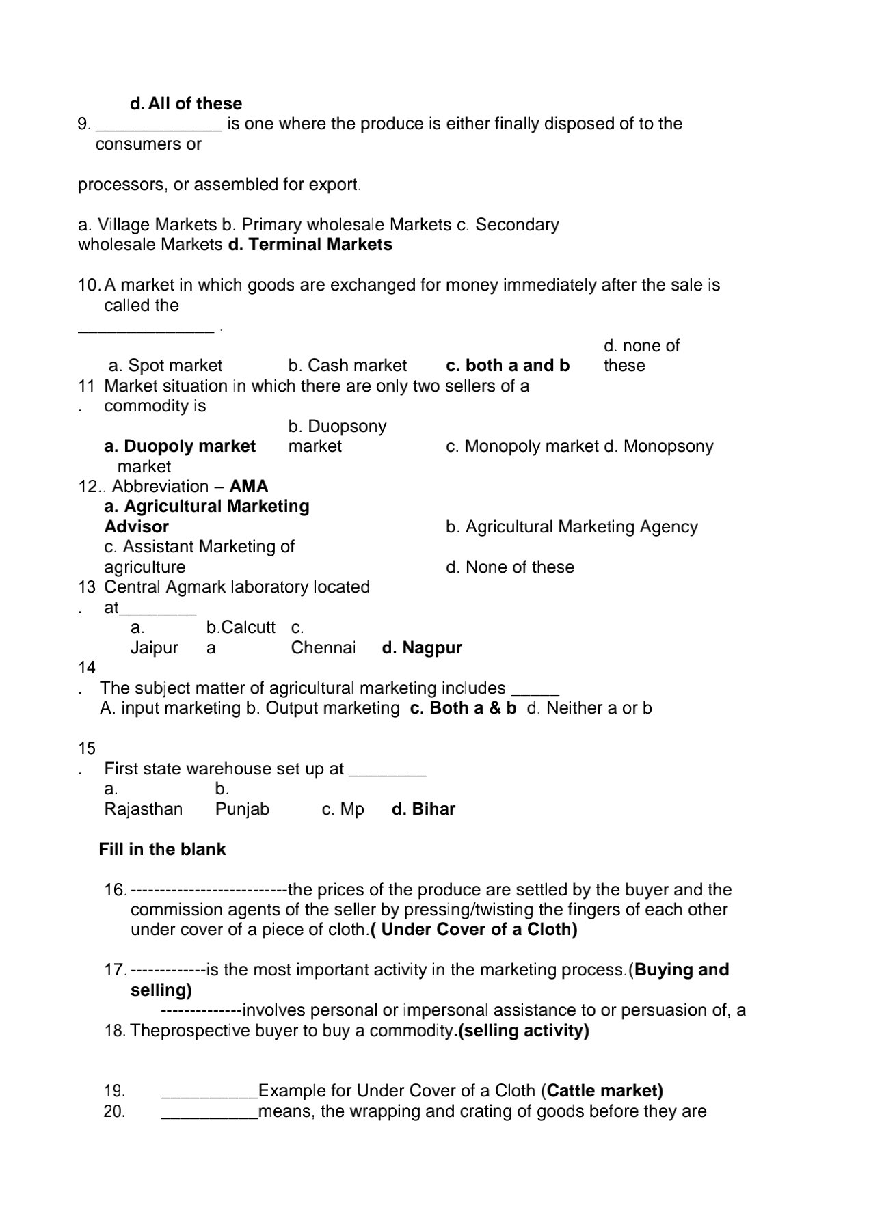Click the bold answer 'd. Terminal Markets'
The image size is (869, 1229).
tap(310, 245)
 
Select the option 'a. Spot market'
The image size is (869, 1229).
tap(165, 366)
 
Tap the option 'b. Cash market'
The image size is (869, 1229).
tap(347, 366)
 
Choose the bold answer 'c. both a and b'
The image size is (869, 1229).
tap(507, 366)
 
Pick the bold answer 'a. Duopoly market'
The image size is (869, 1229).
tap(180, 446)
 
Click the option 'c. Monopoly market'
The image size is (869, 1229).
tap(522, 446)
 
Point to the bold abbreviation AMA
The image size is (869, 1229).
tap(249, 487)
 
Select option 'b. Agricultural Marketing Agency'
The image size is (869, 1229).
tap(572, 527)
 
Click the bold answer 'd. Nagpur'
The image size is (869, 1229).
tap(422, 648)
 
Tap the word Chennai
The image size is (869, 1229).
tap(323, 648)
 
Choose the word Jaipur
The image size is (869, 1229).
tap(155, 648)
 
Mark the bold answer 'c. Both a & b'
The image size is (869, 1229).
tap(463, 708)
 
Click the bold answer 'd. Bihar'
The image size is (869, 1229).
tap(423, 809)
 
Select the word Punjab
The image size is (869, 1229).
tap(242, 809)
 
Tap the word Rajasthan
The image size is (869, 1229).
tap(144, 809)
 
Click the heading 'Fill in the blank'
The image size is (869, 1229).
tap(162, 850)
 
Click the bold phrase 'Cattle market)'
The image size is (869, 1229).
tap(605, 1091)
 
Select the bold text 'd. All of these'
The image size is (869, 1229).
tap(186, 104)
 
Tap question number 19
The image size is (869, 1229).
tap(114, 1091)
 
